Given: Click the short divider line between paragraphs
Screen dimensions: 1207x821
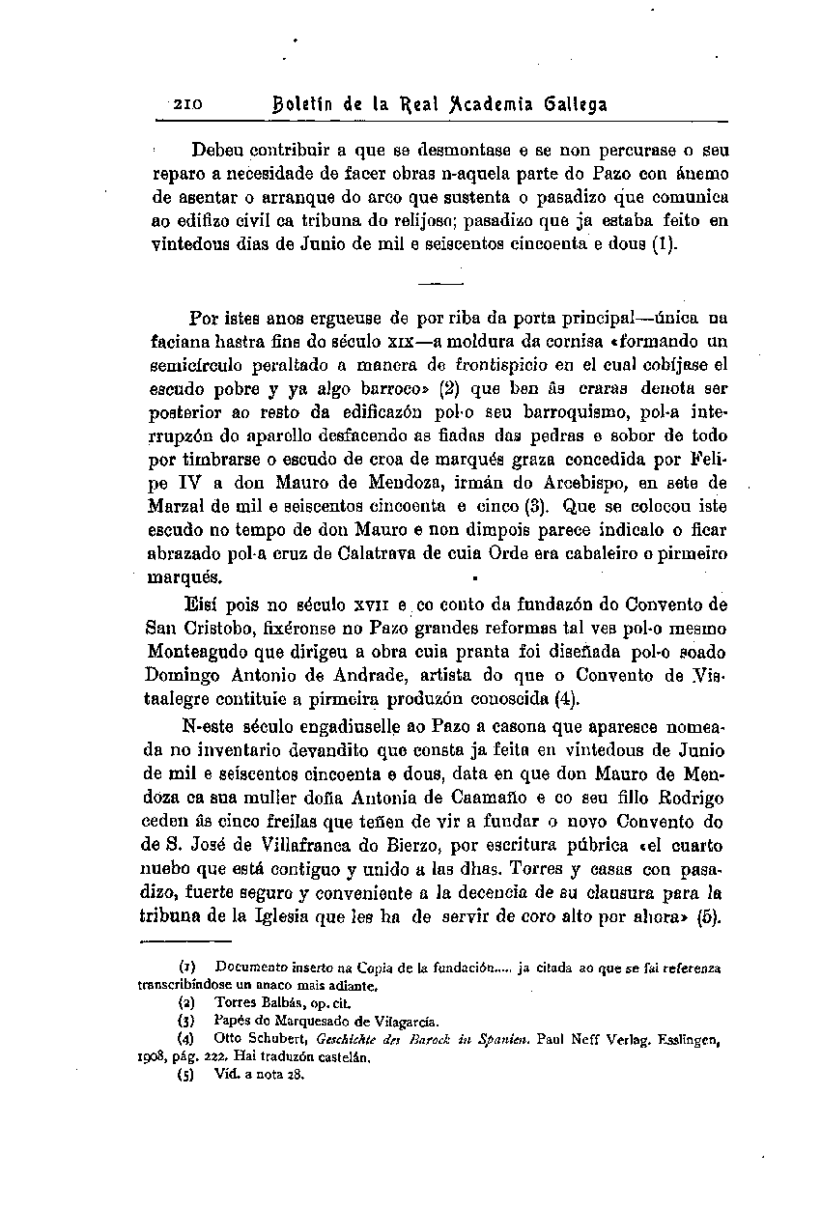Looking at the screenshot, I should click(441, 283).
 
